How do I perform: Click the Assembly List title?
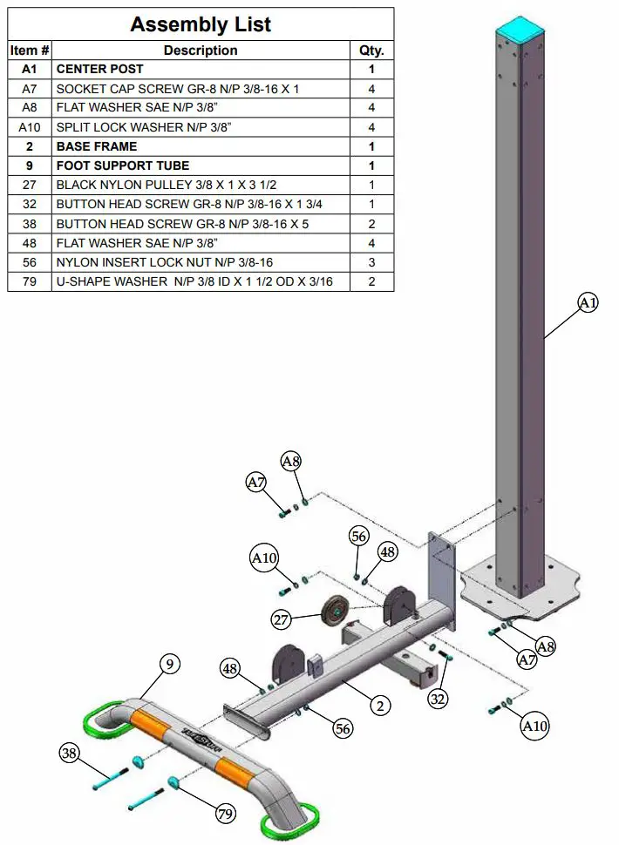point(201,24)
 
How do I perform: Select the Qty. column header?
point(371,51)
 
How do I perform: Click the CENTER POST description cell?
point(100,69)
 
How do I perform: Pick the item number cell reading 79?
point(30,281)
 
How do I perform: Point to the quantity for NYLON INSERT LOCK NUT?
point(371,262)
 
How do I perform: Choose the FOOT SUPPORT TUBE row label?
point(123,166)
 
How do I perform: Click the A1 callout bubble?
point(589,302)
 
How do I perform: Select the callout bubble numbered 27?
point(282,620)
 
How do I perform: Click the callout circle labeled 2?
point(379,706)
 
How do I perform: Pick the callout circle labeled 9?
point(170,665)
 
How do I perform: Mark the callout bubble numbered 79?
point(226,815)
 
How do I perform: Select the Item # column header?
point(30,51)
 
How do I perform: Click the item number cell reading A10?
point(30,127)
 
